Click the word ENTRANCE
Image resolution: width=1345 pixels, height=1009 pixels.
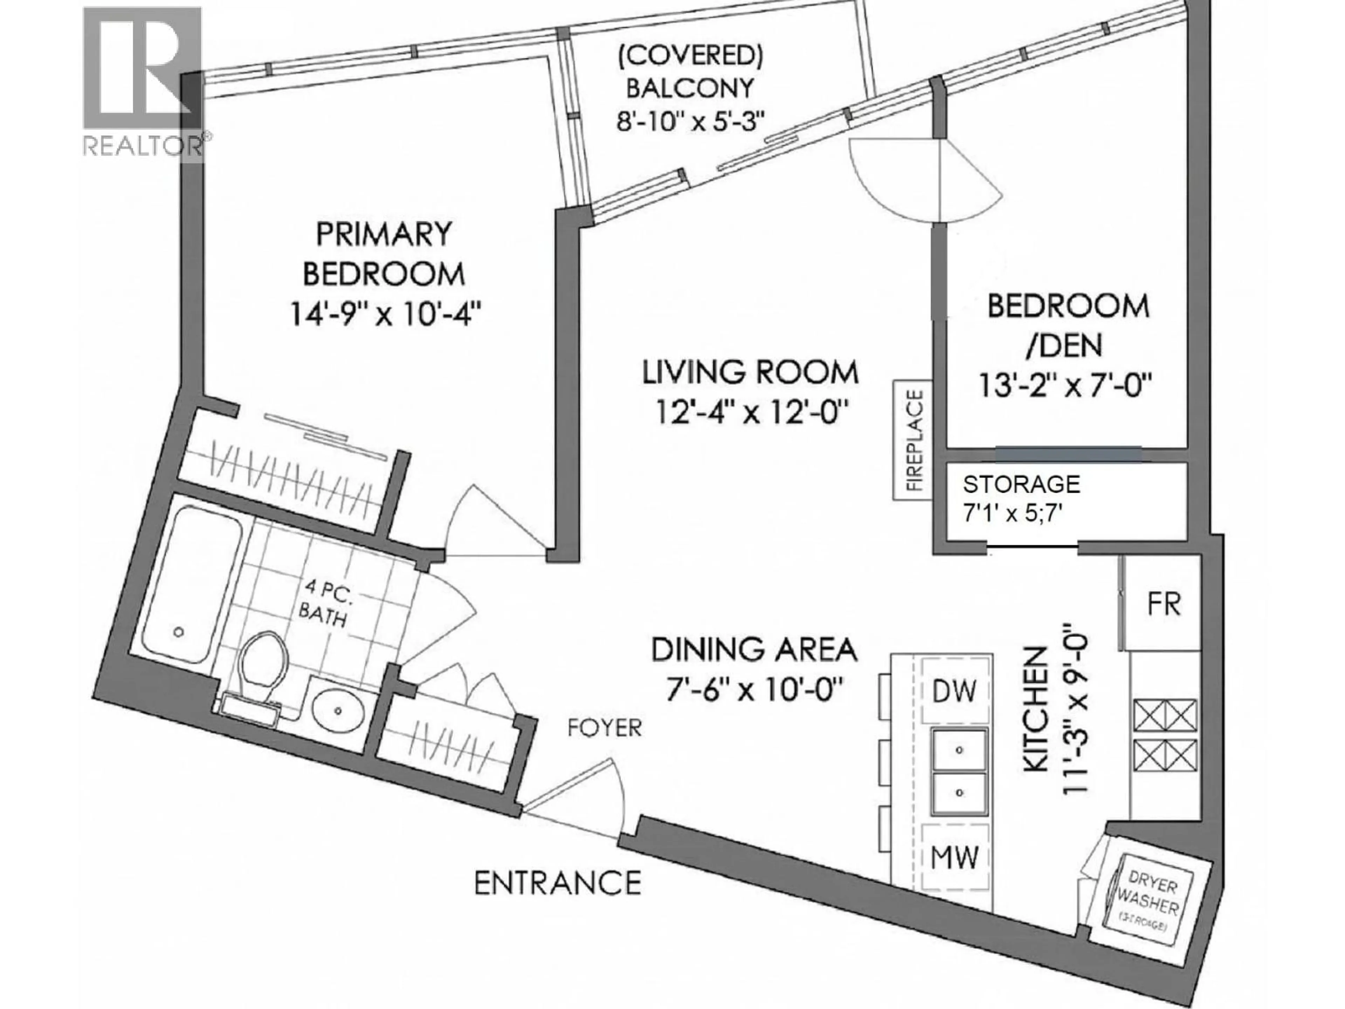558,883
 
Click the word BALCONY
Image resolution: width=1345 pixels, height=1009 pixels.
690,88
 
